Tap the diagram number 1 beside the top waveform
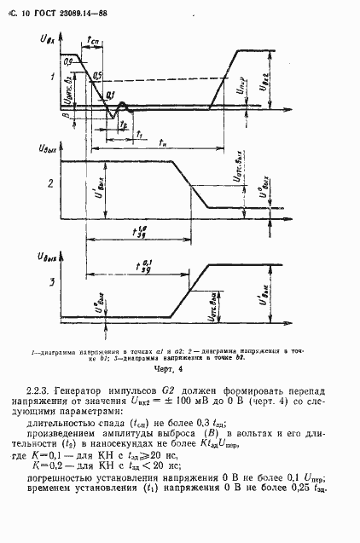(x=53, y=78)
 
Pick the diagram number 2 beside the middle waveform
(x=52, y=183)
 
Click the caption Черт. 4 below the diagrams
(x=170, y=369)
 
